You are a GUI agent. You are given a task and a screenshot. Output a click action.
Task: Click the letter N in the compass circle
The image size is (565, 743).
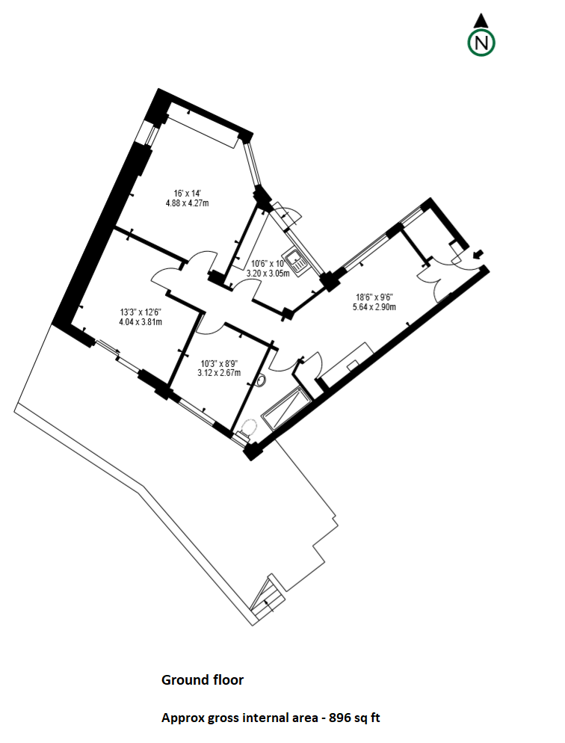tap(481, 43)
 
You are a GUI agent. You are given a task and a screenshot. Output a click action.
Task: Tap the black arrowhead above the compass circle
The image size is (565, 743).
tap(481, 20)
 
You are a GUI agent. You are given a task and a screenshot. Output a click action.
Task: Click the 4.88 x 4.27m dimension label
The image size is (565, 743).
tap(187, 203)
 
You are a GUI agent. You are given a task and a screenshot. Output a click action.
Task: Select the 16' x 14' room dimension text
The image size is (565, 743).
tap(187, 194)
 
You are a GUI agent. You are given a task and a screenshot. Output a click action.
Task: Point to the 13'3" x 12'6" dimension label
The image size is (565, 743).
tap(141, 312)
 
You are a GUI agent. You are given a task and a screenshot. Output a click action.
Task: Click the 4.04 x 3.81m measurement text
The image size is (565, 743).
tap(141, 322)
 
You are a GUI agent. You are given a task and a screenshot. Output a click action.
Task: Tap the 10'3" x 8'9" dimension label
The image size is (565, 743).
tap(219, 363)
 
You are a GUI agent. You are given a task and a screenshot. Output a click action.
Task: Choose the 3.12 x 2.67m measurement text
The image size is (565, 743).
tap(219, 373)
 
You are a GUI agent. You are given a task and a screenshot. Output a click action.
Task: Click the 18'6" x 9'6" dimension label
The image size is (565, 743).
tap(374, 297)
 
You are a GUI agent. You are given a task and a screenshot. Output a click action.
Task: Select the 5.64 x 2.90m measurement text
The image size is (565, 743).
tap(374, 307)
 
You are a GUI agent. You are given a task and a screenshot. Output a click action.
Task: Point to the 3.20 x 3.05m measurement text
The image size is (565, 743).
tap(268, 274)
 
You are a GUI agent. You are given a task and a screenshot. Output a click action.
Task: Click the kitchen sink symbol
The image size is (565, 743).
tap(297, 262)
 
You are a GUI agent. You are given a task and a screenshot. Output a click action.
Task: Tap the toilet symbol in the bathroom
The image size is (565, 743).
tap(247, 431)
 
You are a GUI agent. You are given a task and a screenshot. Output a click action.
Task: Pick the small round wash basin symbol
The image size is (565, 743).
tap(262, 380)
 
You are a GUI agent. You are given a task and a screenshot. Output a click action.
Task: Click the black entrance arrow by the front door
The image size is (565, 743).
tap(478, 255)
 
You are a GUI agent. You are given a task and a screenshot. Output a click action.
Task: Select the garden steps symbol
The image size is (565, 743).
tap(268, 599)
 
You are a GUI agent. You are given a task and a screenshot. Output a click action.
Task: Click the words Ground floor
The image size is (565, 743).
tap(203, 680)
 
